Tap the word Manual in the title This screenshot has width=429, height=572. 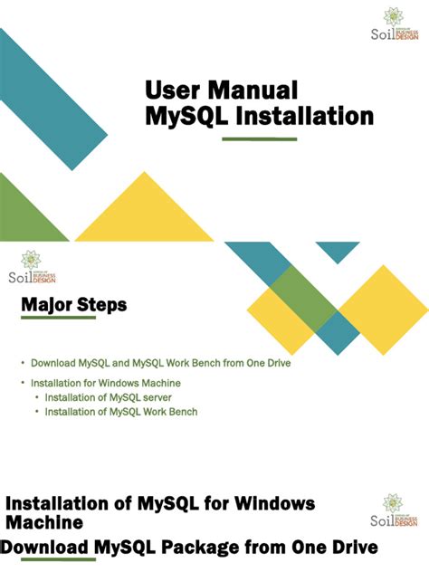256,91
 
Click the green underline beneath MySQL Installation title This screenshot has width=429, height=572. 259,138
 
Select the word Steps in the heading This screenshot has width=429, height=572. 102,306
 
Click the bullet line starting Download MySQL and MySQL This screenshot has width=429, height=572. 160,363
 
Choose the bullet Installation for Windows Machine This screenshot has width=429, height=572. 100,384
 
